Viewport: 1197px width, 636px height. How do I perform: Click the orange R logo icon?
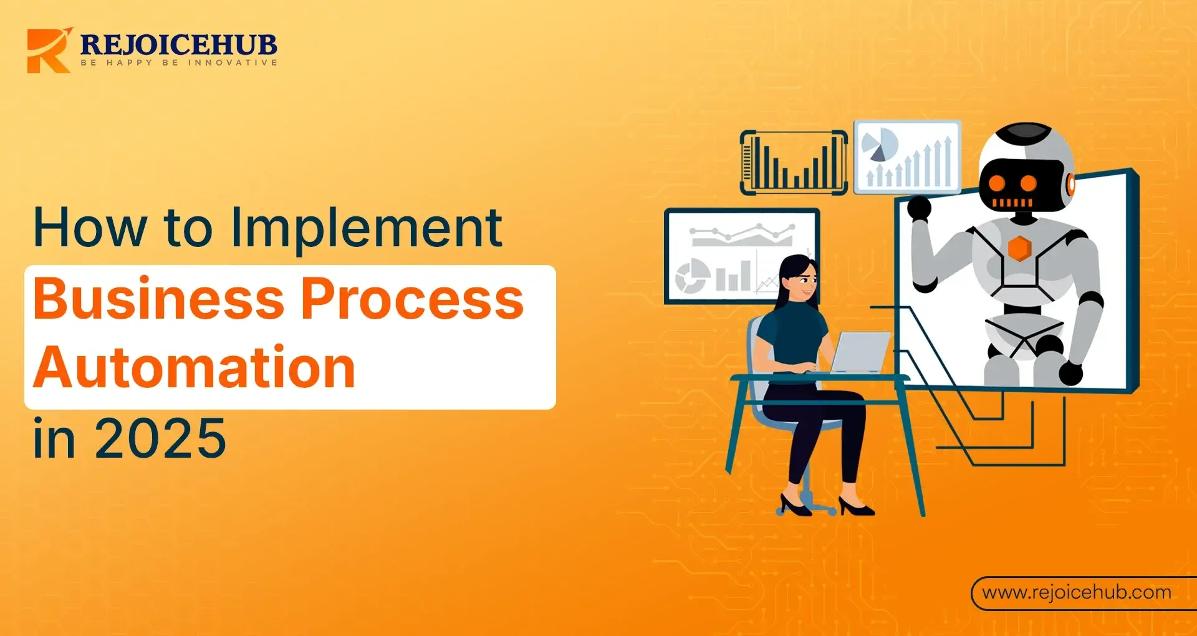pyautogui.click(x=48, y=51)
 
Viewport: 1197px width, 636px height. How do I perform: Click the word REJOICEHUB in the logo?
pyautogui.click(x=178, y=44)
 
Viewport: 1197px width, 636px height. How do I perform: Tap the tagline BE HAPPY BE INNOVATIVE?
pyautogui.click(x=178, y=63)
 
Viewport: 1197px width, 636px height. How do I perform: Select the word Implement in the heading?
pyautogui.click(x=367, y=228)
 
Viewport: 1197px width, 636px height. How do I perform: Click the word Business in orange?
pyautogui.click(x=159, y=299)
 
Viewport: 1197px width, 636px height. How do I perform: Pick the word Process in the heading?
pyautogui.click(x=412, y=299)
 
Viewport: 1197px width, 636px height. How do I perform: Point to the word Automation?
pyautogui.click(x=195, y=368)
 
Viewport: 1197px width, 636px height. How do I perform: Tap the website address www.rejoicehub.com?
pyautogui.click(x=1077, y=592)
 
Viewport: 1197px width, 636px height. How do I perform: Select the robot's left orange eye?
pyautogui.click(x=996, y=183)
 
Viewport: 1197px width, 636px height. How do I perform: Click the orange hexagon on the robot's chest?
pyautogui.click(x=1019, y=248)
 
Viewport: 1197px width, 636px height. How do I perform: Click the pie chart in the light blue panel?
pyautogui.click(x=879, y=144)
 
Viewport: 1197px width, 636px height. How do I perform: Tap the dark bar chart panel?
pyautogui.click(x=794, y=162)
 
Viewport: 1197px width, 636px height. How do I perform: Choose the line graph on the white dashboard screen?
pyautogui.click(x=742, y=235)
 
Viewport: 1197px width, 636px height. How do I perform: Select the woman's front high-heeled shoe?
pyautogui.click(x=856, y=506)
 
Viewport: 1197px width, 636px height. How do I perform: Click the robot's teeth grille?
pyautogui.click(x=1011, y=203)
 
